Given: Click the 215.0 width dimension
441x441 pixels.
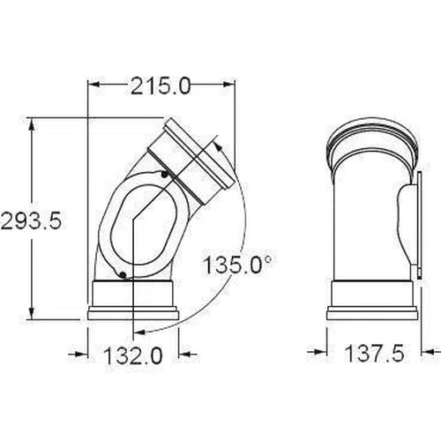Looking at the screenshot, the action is (161, 86).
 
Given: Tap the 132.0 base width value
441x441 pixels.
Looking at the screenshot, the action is (133, 355).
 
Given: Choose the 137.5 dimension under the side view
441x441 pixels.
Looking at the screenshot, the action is (375, 353).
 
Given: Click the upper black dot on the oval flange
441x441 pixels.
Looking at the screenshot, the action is (165, 175).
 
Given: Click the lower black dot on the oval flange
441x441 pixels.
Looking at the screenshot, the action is (123, 275).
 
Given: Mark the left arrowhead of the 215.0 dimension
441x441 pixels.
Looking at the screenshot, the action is (93, 85).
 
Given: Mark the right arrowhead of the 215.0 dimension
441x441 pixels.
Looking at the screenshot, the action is (229, 85).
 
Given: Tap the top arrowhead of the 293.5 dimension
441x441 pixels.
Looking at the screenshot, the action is (32, 123).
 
